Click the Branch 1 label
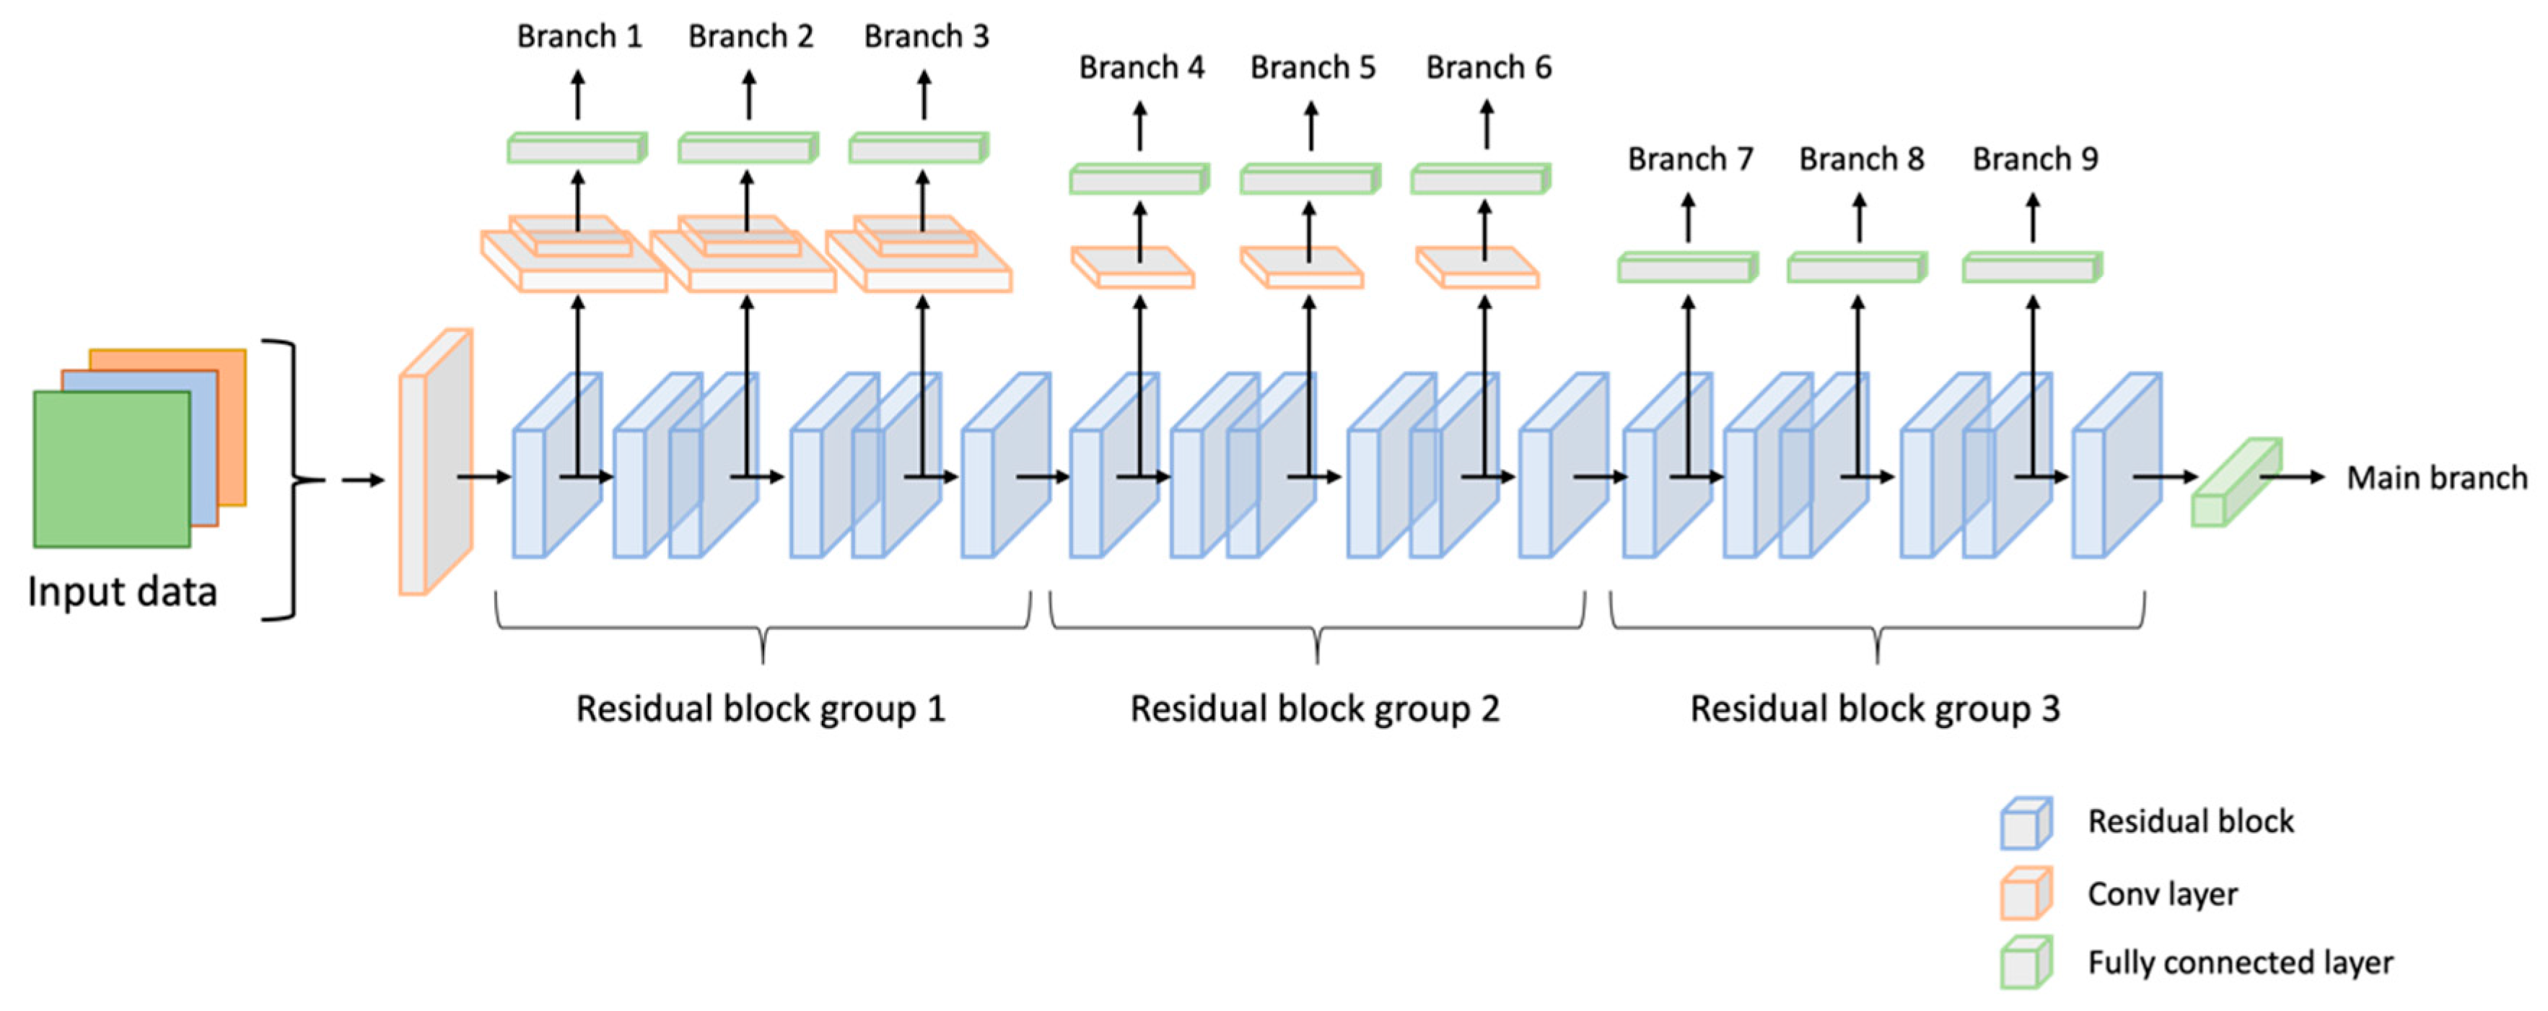pyautogui.click(x=579, y=37)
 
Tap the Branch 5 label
pyautogui.click(x=1313, y=67)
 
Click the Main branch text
pyautogui.click(x=2436, y=478)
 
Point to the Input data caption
pyautogui.click(x=122, y=592)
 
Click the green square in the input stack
pyautogui.click(x=112, y=469)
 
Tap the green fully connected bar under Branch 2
pyautogui.click(x=748, y=149)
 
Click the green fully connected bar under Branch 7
pyautogui.click(x=1687, y=268)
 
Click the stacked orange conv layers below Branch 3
pyautogui.click(x=919, y=255)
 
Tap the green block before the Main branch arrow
pyautogui.click(x=2236, y=483)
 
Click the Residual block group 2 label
pyautogui.click(x=1315, y=709)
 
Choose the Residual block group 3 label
pyautogui.click(x=1875, y=709)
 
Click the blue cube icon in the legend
pyautogui.click(x=2025, y=823)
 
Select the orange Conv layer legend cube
pyautogui.click(x=2025, y=893)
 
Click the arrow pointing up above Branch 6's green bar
pyautogui.click(x=1486, y=125)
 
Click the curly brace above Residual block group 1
pyautogui.click(x=763, y=628)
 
